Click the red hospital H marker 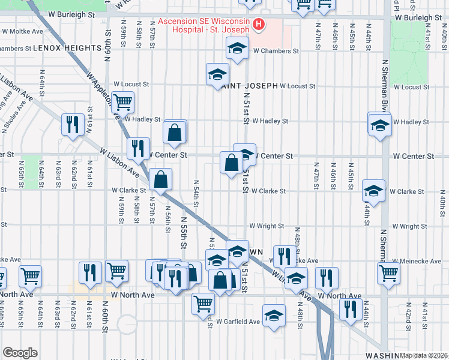tap(259, 24)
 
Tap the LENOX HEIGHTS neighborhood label tap(67, 47)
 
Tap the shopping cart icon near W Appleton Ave tap(123, 103)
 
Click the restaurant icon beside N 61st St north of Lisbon tap(73, 125)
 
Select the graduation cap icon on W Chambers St tap(237, 48)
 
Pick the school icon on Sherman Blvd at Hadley tap(379, 125)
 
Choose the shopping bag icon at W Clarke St tap(161, 179)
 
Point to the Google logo tap(20, 353)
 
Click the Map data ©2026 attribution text tap(423, 355)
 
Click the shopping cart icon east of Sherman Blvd tap(389, 273)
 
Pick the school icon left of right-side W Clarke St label tap(374, 191)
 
